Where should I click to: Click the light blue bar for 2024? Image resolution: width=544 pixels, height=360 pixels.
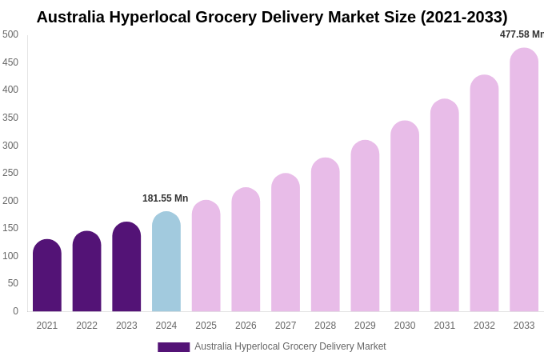(x=166, y=262)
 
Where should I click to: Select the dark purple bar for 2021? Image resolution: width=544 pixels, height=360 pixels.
(x=47, y=276)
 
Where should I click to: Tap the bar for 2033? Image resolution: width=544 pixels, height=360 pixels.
(x=524, y=180)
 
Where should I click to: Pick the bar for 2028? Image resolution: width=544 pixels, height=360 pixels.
(x=326, y=235)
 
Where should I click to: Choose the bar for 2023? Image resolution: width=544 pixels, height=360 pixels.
(x=126, y=267)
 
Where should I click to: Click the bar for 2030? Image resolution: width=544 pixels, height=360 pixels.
(x=405, y=217)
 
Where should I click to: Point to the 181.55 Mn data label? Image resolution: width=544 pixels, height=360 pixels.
(x=166, y=198)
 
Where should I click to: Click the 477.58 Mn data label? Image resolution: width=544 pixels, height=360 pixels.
(x=522, y=34)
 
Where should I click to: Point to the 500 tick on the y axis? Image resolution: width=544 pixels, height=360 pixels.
(x=10, y=34)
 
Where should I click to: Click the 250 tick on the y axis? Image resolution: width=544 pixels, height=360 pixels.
(x=10, y=173)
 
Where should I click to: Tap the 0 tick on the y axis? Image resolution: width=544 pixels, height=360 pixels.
(x=15, y=311)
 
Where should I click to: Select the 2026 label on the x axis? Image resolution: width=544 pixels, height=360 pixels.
(x=246, y=326)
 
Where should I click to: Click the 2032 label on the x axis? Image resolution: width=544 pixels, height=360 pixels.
(x=484, y=326)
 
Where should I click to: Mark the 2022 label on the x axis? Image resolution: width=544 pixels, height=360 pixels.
(x=86, y=326)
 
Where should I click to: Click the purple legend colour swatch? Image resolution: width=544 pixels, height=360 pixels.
(x=174, y=347)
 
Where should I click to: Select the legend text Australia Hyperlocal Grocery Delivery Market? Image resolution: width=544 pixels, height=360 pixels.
(x=290, y=346)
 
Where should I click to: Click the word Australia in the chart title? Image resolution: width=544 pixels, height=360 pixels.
(x=76, y=17)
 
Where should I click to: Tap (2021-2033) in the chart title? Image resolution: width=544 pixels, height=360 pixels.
(x=464, y=17)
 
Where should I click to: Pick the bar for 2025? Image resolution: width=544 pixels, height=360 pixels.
(x=206, y=256)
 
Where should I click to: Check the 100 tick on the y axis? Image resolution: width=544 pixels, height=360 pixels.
(x=10, y=256)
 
